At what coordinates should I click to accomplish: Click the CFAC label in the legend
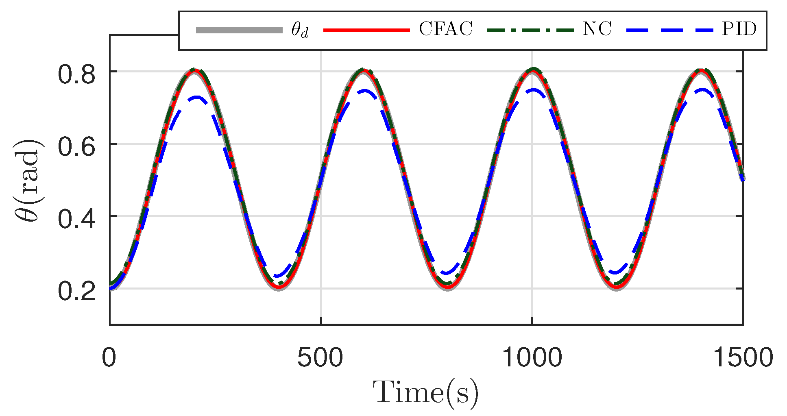click(445, 29)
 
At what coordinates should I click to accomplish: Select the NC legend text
click(597, 29)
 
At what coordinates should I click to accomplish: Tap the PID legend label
click(739, 29)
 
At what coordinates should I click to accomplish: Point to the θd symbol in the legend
click(300, 30)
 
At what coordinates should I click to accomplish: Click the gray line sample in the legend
click(239, 30)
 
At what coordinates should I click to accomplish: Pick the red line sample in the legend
click(366, 30)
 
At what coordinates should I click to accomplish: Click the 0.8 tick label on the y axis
click(76, 75)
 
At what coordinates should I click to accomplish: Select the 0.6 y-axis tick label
click(76, 147)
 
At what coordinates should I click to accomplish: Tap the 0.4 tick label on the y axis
click(76, 220)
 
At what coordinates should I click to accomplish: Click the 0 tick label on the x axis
click(109, 358)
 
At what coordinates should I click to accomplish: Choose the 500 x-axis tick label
click(320, 358)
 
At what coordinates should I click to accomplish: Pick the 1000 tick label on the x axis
click(532, 358)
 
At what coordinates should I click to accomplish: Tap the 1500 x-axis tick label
click(743, 358)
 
